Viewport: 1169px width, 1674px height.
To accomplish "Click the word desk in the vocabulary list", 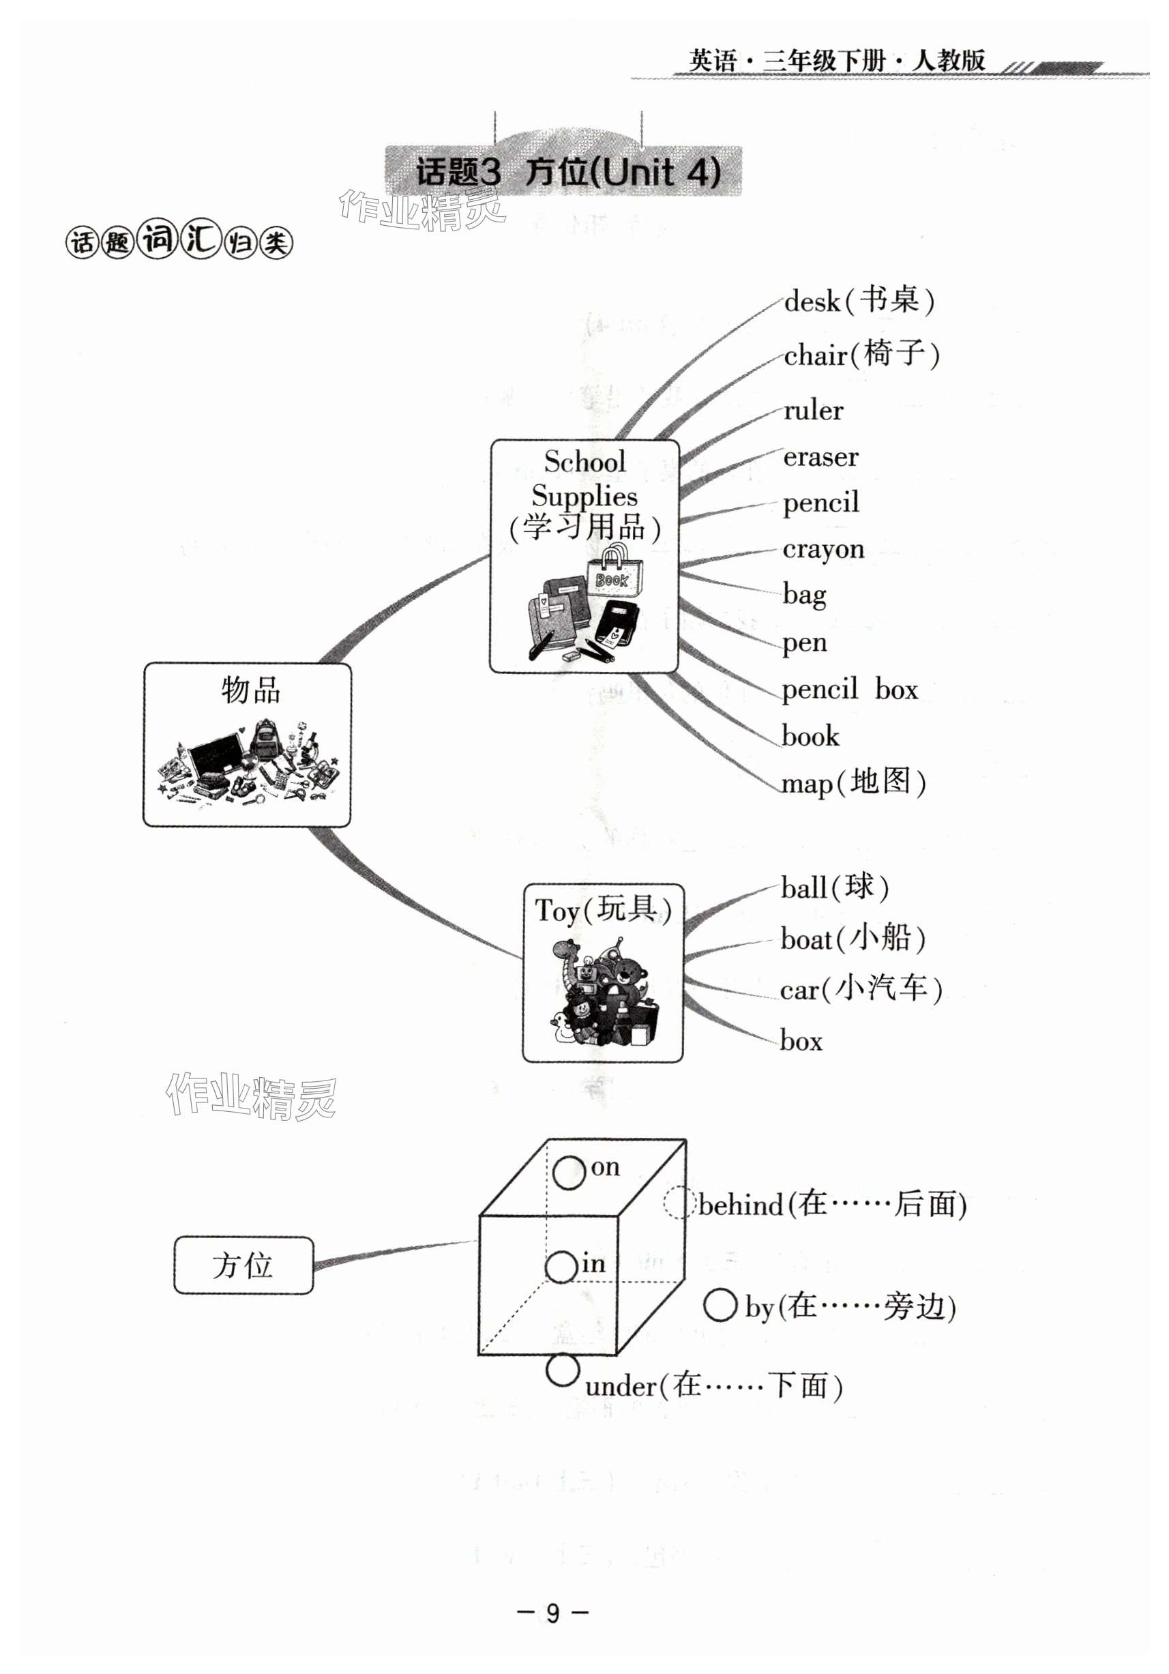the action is (812, 301).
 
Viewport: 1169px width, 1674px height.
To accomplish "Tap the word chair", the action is (815, 356).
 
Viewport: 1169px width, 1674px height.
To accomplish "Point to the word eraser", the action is (820, 457).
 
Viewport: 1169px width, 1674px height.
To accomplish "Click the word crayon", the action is (823, 549).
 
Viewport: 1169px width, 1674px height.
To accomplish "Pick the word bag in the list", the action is (805, 595).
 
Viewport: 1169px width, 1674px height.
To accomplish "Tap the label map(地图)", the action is (853, 783).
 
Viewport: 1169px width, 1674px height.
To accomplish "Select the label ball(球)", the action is (835, 888).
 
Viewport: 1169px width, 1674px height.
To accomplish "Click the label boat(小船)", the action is (853, 939).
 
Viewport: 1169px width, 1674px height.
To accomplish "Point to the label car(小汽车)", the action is (861, 989).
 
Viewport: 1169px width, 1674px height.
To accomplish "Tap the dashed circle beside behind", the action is (677, 1202).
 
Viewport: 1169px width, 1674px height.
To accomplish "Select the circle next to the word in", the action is (561, 1267).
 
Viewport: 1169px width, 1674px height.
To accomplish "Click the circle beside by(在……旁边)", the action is (720, 1305).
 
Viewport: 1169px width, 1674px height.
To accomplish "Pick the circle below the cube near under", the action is (562, 1370).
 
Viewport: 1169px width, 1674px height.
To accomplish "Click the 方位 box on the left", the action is (243, 1265).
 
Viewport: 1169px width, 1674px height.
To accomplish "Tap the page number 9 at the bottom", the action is (552, 1613).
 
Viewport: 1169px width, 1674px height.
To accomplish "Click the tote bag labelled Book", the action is (615, 572).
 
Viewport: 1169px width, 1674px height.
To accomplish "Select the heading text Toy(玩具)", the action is (603, 910).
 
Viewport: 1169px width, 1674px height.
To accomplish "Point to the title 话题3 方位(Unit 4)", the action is (567, 172).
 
